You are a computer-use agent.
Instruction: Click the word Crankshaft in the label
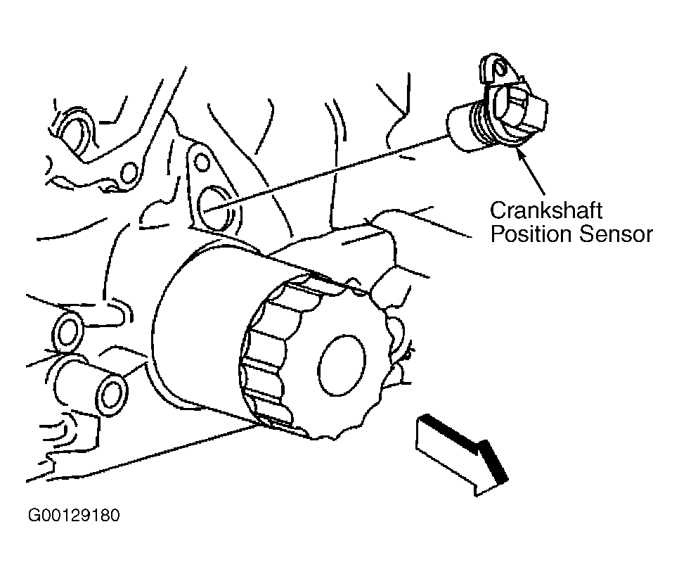click(545, 210)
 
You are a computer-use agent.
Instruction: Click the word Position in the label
click(531, 234)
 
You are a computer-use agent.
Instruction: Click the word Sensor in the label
click(616, 234)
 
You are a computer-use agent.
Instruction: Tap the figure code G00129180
click(74, 516)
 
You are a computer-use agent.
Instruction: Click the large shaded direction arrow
click(461, 455)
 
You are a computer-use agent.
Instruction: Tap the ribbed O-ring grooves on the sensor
click(481, 124)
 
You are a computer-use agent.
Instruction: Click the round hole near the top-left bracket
click(129, 172)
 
